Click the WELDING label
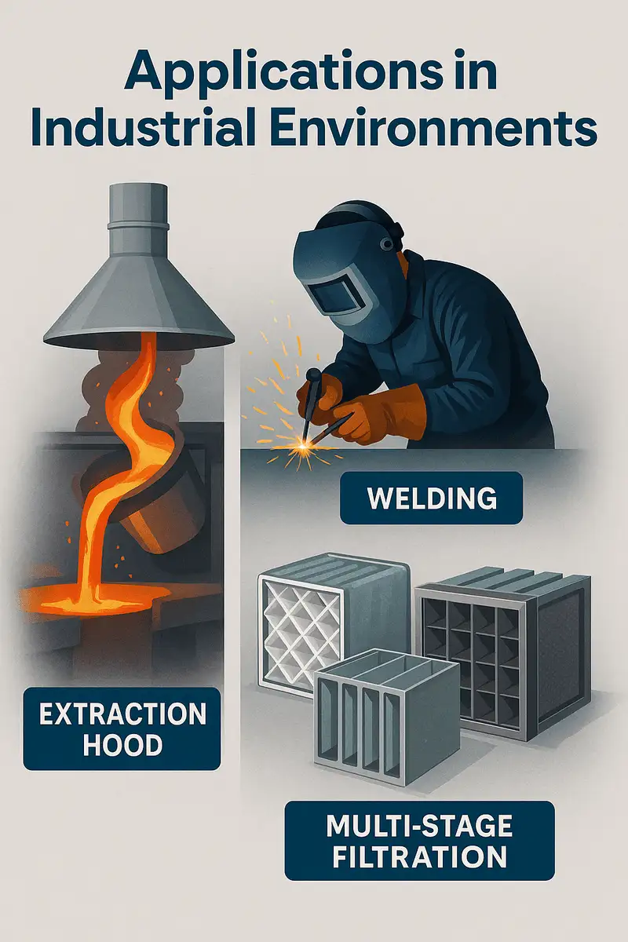[x=431, y=498]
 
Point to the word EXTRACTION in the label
[x=122, y=715]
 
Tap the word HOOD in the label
[x=122, y=744]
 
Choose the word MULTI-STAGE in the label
[x=420, y=826]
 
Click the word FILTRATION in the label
[x=420, y=856]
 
